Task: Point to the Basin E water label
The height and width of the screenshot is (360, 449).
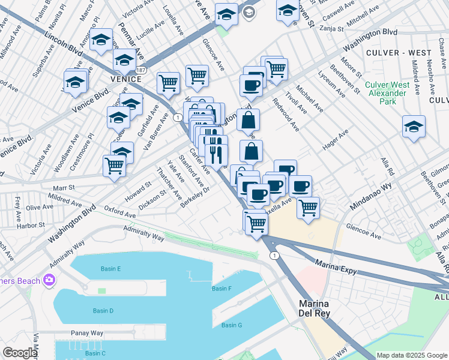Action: [x=111, y=268]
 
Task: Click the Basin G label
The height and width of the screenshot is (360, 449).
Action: [x=231, y=325]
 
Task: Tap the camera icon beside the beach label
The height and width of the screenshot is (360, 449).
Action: [x=49, y=280]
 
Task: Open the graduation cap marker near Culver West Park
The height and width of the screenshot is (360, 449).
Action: [x=414, y=127]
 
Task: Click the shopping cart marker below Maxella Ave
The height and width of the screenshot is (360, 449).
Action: [x=308, y=208]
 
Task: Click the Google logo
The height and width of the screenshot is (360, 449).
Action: [x=20, y=353]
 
